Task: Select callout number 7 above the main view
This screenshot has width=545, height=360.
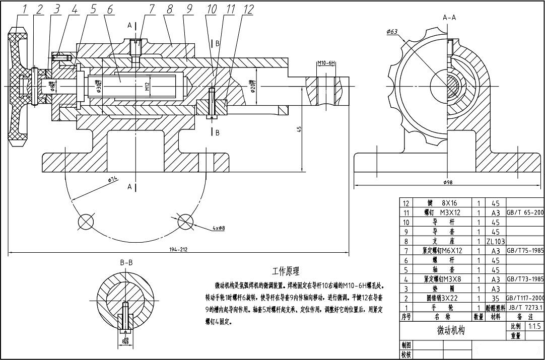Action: tap(152, 9)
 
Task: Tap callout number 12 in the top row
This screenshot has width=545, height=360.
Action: tap(248, 9)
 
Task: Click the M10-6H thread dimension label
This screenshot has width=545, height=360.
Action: tap(326, 63)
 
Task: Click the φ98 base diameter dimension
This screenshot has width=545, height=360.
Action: tap(448, 182)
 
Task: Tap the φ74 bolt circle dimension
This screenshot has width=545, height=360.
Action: tap(112, 179)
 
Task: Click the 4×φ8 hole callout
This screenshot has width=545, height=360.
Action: tap(218, 228)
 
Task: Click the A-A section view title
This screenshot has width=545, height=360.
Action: tap(449, 17)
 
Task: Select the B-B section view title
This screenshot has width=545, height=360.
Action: tap(126, 262)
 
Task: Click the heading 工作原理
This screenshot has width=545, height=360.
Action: tap(286, 272)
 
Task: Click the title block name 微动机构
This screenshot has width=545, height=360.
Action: tap(450, 331)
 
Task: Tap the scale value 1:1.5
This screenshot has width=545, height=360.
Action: tap(534, 326)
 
